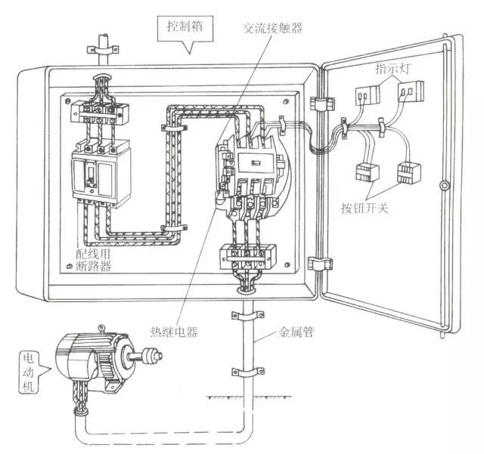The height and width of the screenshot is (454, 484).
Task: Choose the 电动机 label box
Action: coord(31,367)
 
